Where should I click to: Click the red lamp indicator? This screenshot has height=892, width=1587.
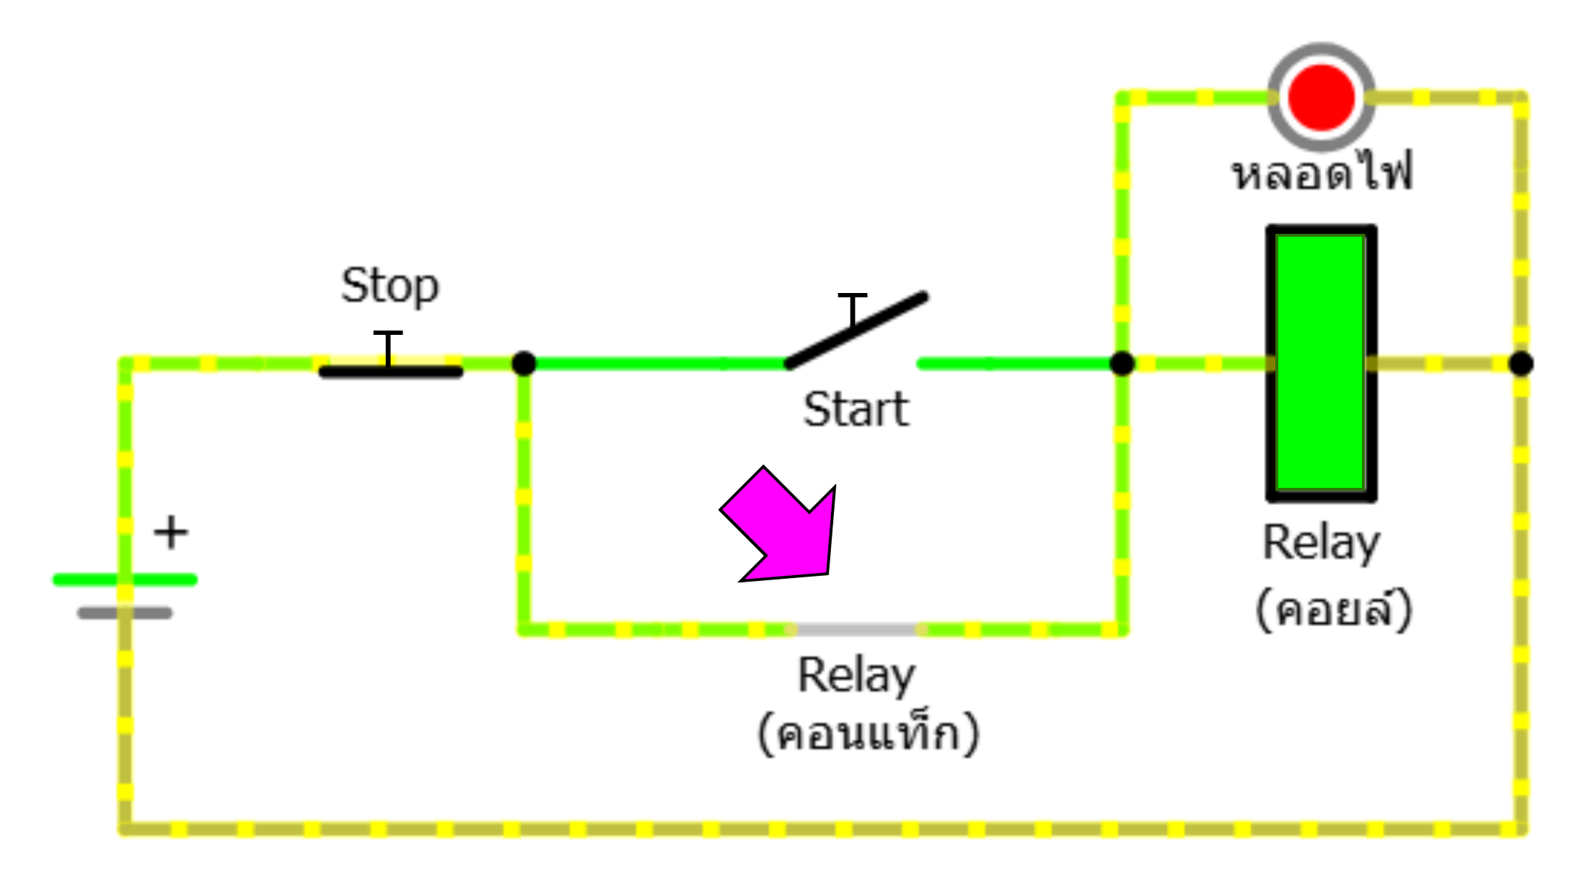[x=1321, y=97]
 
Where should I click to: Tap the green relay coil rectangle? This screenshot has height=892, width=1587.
[x=1321, y=363]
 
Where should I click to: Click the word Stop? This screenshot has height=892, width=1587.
[x=390, y=286]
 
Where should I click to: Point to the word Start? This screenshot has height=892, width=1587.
[x=856, y=410]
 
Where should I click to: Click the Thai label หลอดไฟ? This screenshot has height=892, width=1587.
[x=1322, y=173]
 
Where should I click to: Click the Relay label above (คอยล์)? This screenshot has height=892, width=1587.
[x=1321, y=543]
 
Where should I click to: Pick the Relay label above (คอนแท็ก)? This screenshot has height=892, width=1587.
[x=856, y=675]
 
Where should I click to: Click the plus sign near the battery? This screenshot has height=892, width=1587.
[x=171, y=533]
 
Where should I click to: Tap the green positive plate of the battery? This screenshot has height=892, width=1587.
[x=125, y=580]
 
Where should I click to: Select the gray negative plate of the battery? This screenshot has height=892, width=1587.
[x=125, y=613]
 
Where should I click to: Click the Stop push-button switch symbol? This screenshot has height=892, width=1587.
[x=390, y=370]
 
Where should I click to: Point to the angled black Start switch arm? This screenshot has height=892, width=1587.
[x=856, y=331]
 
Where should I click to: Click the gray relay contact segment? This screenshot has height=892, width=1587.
[x=856, y=630]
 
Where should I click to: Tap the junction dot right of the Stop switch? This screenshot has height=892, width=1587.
[x=524, y=363]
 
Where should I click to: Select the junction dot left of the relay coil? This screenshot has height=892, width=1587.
[x=1122, y=363]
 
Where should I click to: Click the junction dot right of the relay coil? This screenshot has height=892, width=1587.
[x=1521, y=363]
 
